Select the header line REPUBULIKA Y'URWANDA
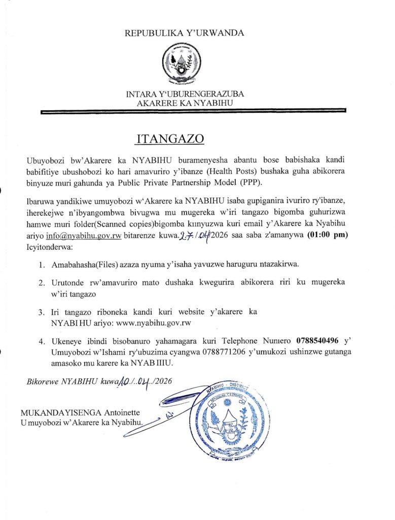click(184, 33)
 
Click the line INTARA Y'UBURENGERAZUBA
click(185, 94)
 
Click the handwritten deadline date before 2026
click(193, 235)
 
